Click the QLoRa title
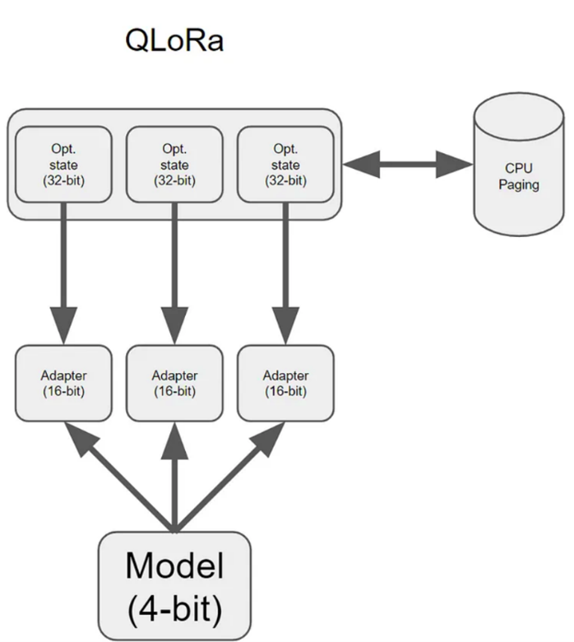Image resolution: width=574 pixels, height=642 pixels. (174, 40)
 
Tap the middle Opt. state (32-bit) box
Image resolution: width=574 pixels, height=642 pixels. (174, 164)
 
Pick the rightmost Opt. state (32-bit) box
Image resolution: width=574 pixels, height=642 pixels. (285, 164)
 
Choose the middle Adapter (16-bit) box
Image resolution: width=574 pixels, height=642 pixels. (174, 383)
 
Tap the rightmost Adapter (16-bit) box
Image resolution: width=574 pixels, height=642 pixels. (285, 383)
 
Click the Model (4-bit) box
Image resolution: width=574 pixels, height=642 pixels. (174, 585)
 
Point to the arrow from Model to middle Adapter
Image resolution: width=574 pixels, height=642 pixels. (174, 477)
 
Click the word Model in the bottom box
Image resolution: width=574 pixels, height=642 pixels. (174, 566)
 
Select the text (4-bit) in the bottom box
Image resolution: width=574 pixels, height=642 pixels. (174, 608)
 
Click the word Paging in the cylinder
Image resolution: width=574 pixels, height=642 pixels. (519, 184)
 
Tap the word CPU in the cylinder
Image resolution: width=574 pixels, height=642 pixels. (519, 168)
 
